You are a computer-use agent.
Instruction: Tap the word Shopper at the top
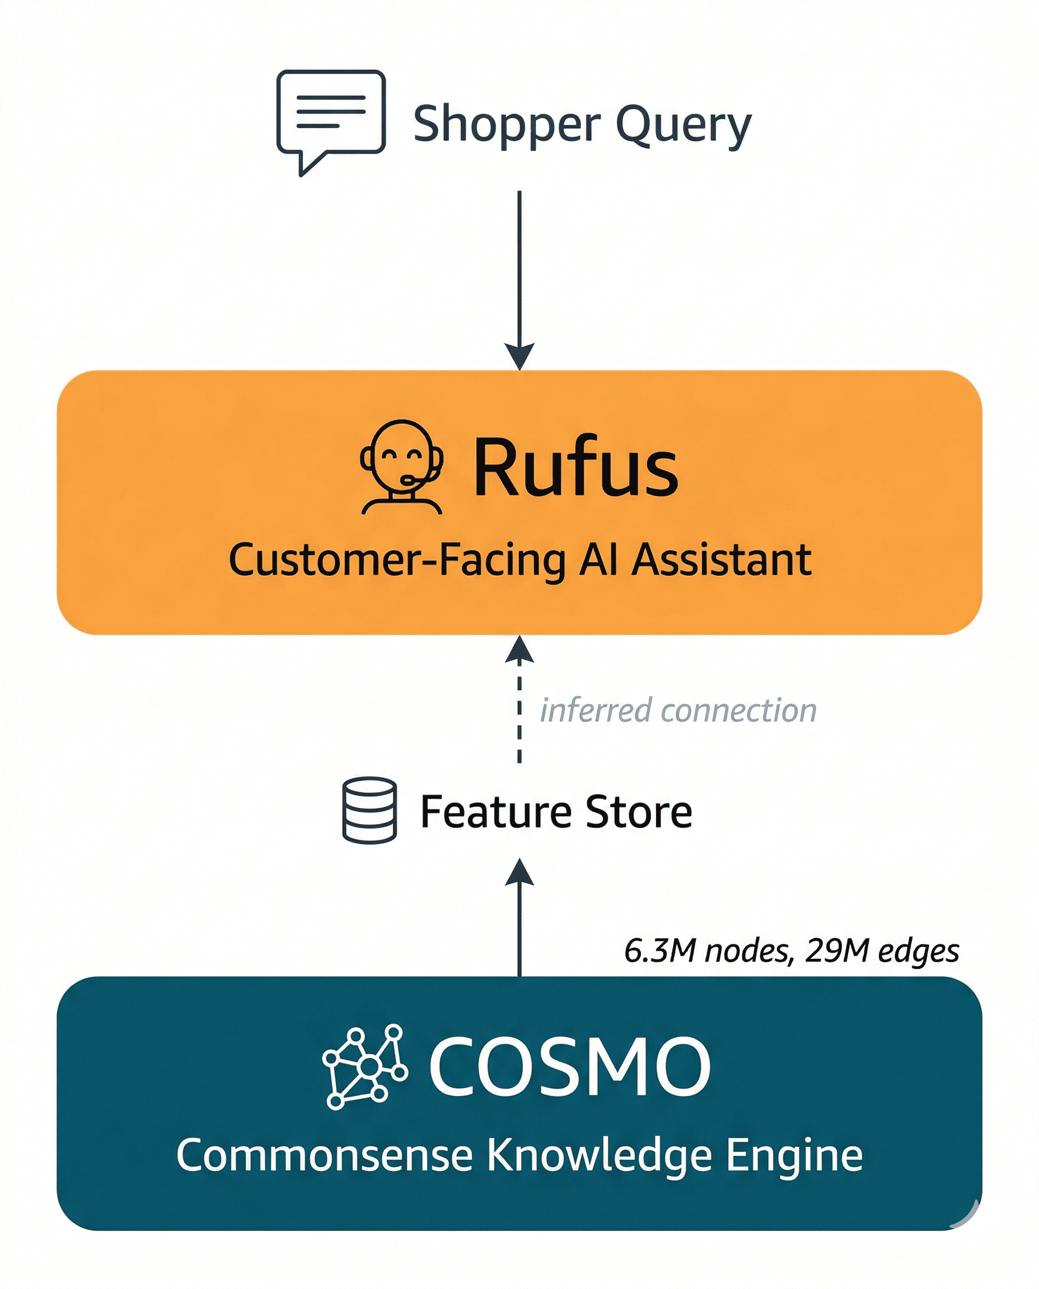point(506,124)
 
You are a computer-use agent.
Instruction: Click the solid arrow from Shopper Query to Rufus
point(519,275)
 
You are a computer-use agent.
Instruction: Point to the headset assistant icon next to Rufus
point(401,467)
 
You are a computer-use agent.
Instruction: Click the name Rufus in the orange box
point(575,467)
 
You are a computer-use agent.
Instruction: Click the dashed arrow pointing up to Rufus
point(519,700)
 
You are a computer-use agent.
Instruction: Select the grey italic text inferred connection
point(678,711)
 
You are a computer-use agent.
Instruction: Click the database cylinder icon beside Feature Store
point(369,811)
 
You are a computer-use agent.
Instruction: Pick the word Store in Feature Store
point(639,812)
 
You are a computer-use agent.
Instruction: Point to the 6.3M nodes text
point(709,951)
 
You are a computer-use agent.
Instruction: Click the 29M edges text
point(882,951)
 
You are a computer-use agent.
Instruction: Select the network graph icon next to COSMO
point(364,1066)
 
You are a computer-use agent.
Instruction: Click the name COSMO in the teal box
point(569,1067)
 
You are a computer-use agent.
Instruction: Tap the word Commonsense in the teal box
point(324,1156)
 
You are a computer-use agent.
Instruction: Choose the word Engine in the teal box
point(794,1157)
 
